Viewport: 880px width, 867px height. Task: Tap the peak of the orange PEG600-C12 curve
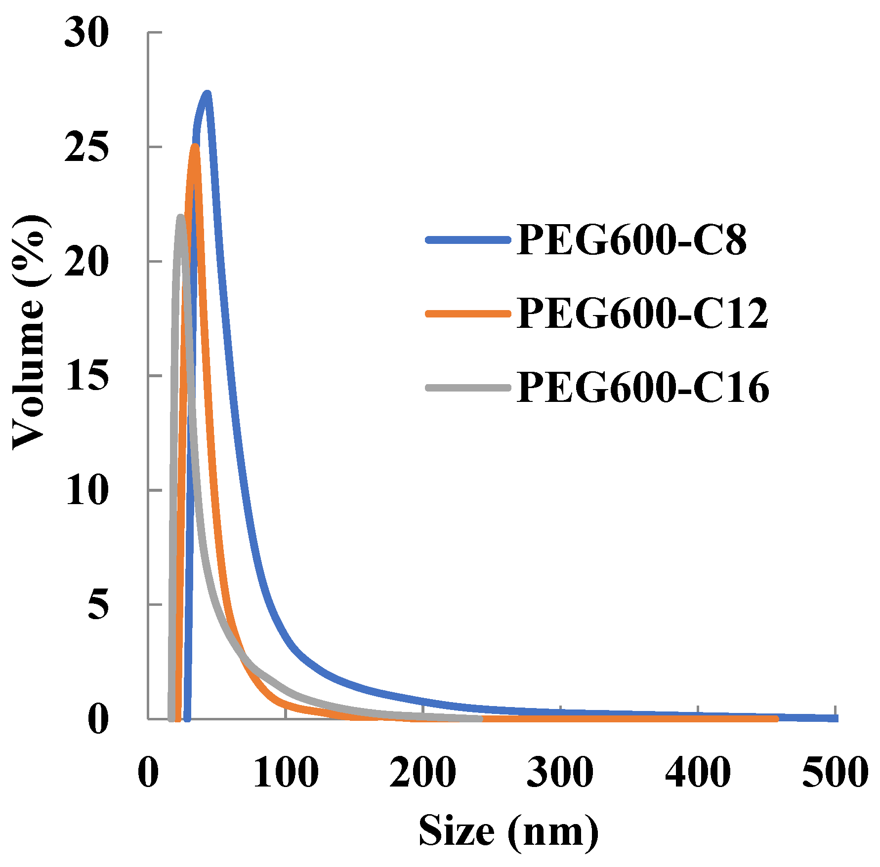click(x=196, y=147)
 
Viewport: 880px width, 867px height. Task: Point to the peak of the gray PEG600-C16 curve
click(x=181, y=217)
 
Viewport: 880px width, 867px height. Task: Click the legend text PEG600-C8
click(x=631, y=240)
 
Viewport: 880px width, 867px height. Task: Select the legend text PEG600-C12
click(x=643, y=314)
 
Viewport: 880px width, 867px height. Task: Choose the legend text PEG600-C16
click(x=643, y=388)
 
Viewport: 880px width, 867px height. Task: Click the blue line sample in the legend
click(x=467, y=240)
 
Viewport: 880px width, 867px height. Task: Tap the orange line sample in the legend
click(x=467, y=314)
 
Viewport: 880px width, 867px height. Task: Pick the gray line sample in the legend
click(x=467, y=388)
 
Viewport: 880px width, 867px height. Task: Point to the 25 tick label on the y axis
click(x=86, y=148)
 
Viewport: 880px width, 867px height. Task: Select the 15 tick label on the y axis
click(x=86, y=376)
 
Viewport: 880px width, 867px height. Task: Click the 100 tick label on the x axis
click(x=286, y=773)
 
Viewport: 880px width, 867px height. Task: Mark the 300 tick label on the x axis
click(x=560, y=773)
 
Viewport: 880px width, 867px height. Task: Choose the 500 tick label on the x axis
click(x=835, y=773)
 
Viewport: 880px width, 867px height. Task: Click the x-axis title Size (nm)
click(x=508, y=831)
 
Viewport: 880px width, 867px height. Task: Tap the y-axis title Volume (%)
click(x=30, y=332)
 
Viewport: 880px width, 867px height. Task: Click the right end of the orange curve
click(x=776, y=718)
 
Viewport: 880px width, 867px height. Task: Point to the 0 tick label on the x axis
click(x=148, y=773)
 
